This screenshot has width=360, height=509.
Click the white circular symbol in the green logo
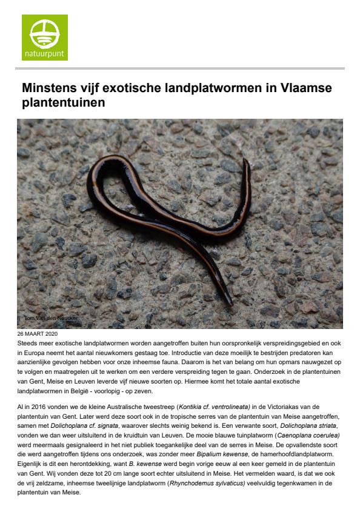tap(44, 32)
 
